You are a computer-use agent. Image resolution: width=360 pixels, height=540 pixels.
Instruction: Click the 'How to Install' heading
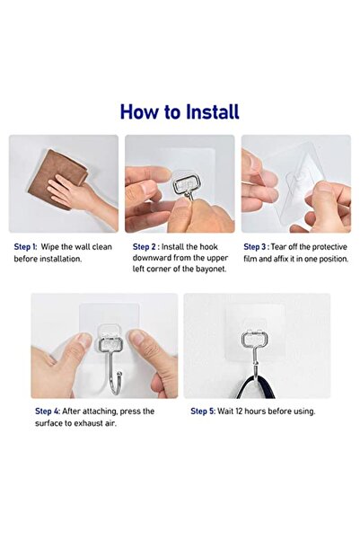tap(180, 111)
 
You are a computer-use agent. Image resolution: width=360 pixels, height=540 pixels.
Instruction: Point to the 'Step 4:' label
tap(48, 411)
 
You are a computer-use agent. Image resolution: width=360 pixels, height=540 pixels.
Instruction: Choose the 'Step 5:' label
tap(203, 411)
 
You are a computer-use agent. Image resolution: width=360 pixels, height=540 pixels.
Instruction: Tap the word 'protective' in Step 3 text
tap(327, 245)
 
